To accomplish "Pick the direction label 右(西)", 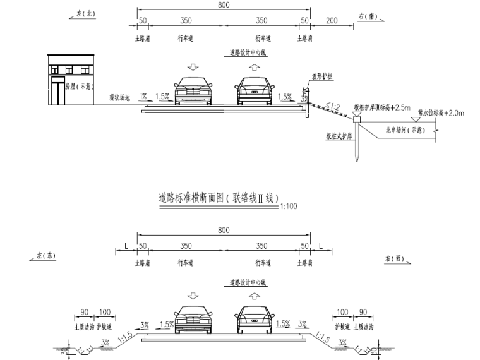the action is (396, 260).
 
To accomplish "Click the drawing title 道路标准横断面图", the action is (218, 198).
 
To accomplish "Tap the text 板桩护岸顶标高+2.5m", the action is (387, 107).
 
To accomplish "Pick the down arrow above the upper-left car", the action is (193, 67).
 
